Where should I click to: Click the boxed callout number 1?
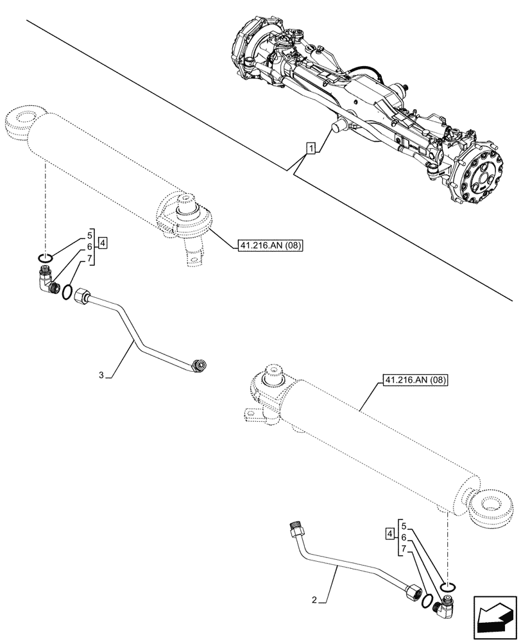tap(311, 150)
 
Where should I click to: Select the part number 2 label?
tap(314, 600)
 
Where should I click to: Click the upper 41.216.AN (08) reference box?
tap(271, 245)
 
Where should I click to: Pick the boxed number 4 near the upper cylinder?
tap(103, 243)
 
